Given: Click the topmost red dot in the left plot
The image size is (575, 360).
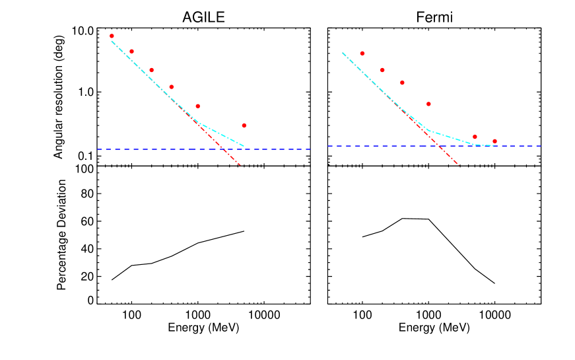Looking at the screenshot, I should click(x=112, y=36).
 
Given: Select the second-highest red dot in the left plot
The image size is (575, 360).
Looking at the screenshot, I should click(x=131, y=51).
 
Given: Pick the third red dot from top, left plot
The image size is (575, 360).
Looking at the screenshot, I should click(x=151, y=70).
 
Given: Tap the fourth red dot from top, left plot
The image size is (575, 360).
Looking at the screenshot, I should click(x=171, y=87).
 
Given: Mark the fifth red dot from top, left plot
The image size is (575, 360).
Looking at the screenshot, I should click(x=197, y=106).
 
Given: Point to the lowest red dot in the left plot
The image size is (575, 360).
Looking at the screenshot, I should click(x=244, y=125).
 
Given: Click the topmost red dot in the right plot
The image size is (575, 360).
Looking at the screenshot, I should click(x=362, y=53).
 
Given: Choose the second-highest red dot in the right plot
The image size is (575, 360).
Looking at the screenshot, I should click(x=382, y=70).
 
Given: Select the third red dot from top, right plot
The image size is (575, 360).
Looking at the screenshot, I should click(x=402, y=83).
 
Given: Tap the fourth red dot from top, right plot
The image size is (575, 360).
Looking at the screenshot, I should click(x=428, y=104).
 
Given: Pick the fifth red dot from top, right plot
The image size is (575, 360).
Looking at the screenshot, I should click(x=475, y=137).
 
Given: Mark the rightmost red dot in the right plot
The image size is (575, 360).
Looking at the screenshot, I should click(x=494, y=141).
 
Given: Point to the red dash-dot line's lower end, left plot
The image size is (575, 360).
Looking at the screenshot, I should click(x=240, y=164).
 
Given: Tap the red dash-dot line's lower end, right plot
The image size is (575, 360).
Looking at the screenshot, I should click(x=458, y=164).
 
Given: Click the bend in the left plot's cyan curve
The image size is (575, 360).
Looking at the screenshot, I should click(x=199, y=123).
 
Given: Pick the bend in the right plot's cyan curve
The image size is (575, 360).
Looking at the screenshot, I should click(x=430, y=131).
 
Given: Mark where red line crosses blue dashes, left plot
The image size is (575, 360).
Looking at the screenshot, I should click(x=225, y=149).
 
